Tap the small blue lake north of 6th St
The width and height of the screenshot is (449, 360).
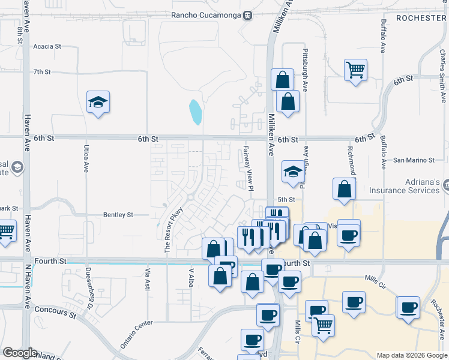(196, 112)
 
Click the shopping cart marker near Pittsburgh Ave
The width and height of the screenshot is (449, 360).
(355, 71)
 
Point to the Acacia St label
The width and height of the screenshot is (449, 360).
(47, 46)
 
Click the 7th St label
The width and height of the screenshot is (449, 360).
(42, 71)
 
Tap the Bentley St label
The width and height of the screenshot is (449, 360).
(118, 214)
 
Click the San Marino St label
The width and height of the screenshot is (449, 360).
(414, 160)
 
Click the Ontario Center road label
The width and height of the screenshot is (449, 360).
(137, 334)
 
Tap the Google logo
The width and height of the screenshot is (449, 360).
(20, 353)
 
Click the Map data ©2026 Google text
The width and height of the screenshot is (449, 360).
(411, 355)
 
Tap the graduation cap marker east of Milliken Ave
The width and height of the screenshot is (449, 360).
(292, 172)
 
